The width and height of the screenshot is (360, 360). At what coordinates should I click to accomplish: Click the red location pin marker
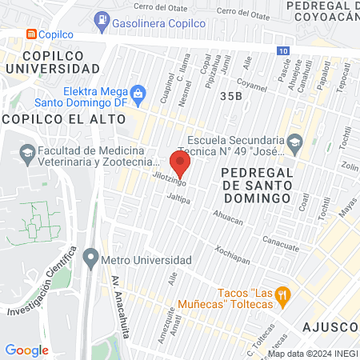(181, 164)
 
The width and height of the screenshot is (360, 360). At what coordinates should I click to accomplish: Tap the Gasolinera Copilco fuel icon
(102, 18)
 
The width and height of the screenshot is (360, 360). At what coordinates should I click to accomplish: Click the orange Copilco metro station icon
(31, 34)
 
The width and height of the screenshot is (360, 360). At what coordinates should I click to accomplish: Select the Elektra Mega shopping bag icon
(138, 93)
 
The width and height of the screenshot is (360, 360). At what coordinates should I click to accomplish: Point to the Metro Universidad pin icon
(90, 260)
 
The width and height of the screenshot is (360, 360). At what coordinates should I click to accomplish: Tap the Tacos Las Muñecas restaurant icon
(282, 297)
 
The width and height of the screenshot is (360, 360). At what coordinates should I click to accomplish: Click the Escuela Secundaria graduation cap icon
(294, 142)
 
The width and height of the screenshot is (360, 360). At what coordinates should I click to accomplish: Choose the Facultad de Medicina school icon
(27, 151)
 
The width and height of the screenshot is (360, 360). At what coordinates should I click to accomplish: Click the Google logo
(26, 350)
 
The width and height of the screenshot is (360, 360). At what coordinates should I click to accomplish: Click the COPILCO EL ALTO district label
(64, 118)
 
